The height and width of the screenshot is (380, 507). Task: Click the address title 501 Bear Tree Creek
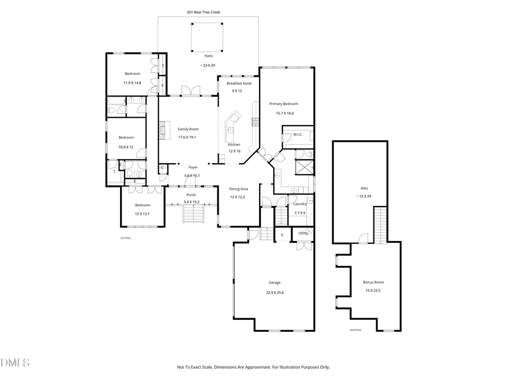coord(203,11)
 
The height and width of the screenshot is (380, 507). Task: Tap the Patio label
coord(208,56)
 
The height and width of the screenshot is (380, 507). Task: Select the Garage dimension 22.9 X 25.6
coord(274,292)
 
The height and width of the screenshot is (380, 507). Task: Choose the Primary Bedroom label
coord(283,104)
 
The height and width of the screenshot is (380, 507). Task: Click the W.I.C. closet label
coord(298,135)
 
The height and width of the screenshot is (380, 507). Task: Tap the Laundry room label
coord(300,204)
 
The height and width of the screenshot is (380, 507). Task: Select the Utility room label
coord(303,233)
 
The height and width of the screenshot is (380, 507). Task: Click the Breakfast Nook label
coord(239,83)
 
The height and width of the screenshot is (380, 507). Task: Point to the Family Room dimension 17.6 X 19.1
coord(188,137)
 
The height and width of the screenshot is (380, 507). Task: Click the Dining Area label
coord(239,189)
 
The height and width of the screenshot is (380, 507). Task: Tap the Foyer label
coord(193,167)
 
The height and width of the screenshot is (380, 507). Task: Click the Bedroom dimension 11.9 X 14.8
coord(132,83)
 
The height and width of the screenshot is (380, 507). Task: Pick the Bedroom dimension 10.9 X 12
coord(126,147)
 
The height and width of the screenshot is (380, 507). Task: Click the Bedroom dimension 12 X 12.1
coord(142,213)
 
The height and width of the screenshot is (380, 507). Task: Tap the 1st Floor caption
coord(125,238)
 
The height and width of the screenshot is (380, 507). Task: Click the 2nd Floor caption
coord(355,330)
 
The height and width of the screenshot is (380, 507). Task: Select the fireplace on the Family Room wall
coord(163,130)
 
